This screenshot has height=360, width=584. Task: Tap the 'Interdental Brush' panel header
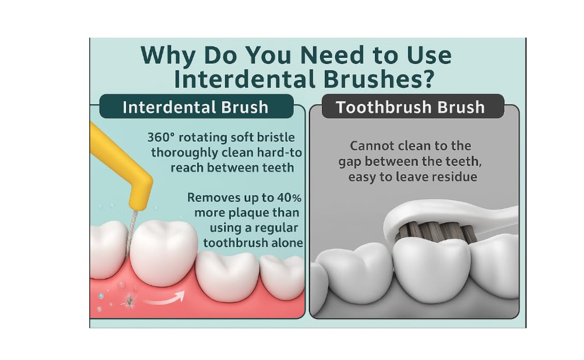pos(196,106)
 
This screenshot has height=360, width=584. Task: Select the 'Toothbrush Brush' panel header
pos(413,106)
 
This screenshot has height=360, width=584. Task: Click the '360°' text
pos(161,137)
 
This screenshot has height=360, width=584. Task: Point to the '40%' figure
pos(289,197)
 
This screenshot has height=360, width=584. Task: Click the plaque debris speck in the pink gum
pos(129,301)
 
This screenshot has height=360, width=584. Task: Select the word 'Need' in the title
pos(332,55)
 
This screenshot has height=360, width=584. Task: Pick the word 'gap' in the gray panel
pos(350,162)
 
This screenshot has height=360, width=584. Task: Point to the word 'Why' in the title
pos(168,56)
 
